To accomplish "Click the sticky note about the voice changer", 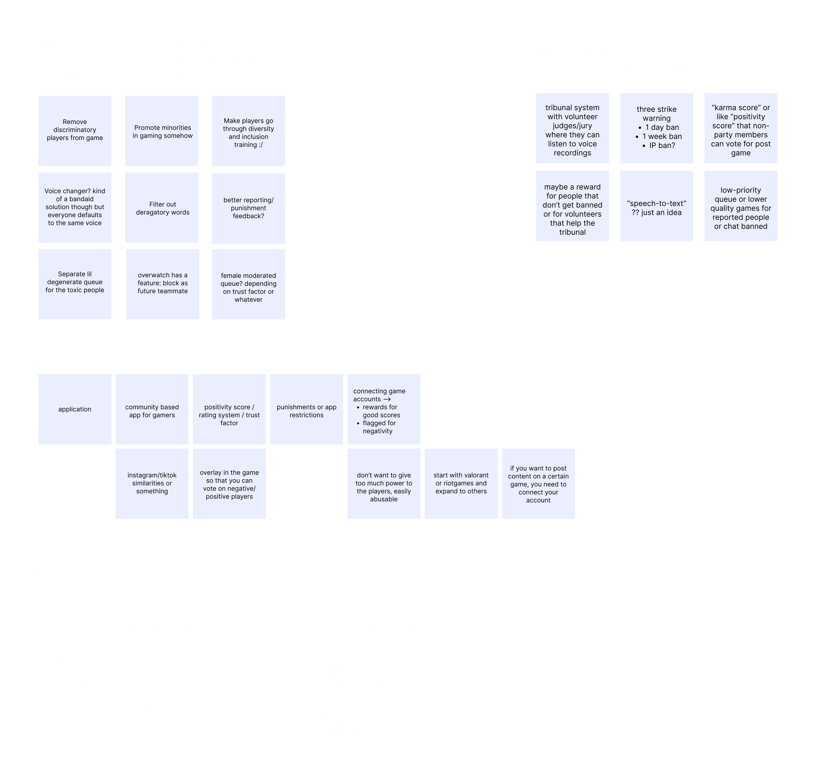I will click(74, 207).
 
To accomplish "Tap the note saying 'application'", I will click(74, 409).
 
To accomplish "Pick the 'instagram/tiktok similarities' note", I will click(152, 483).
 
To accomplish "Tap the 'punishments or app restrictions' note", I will click(306, 409).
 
